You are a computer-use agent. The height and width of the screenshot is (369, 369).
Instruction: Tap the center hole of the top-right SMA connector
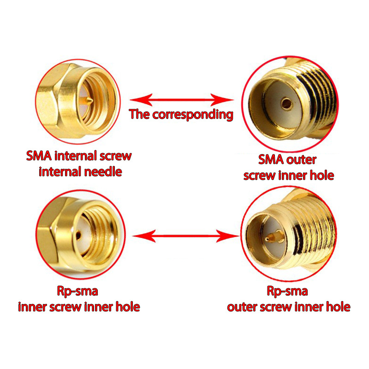(x=286, y=103)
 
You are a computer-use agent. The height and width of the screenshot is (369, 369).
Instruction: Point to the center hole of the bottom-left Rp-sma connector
(x=78, y=235)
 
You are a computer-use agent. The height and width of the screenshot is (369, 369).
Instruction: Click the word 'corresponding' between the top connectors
(x=193, y=114)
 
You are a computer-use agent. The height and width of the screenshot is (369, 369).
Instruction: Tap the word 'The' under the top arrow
(x=139, y=114)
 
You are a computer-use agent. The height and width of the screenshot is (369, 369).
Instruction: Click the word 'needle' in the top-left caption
(x=103, y=172)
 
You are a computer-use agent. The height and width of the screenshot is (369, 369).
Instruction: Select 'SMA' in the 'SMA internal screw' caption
(x=39, y=156)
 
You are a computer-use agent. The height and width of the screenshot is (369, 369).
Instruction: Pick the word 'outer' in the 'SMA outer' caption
(x=302, y=160)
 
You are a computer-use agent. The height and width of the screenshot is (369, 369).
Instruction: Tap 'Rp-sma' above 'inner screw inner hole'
(x=77, y=292)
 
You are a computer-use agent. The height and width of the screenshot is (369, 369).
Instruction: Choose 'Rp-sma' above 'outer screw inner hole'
(x=287, y=292)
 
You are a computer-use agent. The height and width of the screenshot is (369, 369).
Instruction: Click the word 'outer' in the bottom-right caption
(x=243, y=307)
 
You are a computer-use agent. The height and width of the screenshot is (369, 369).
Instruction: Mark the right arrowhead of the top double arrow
(x=222, y=100)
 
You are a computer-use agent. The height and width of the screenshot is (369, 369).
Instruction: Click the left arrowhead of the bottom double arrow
(x=144, y=236)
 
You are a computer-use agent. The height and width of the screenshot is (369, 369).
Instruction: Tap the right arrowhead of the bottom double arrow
(x=227, y=236)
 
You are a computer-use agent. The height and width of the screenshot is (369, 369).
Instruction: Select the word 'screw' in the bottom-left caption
(x=65, y=307)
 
